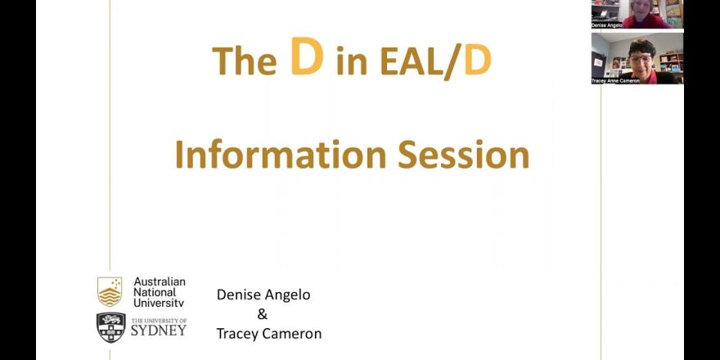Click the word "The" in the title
point(245,61)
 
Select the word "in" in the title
point(351,62)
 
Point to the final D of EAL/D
point(478,61)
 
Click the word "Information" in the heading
point(281,155)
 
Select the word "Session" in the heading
point(463,155)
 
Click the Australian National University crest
point(110,291)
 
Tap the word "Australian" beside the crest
point(160,281)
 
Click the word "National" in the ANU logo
point(155,292)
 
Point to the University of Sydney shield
point(110,327)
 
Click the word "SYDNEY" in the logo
point(159,331)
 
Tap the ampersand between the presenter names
point(262,314)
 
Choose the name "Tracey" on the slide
point(237,335)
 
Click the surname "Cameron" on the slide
point(291,334)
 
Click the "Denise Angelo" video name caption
point(606,25)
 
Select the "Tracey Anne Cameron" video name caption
point(614,81)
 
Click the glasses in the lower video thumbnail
point(640,58)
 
